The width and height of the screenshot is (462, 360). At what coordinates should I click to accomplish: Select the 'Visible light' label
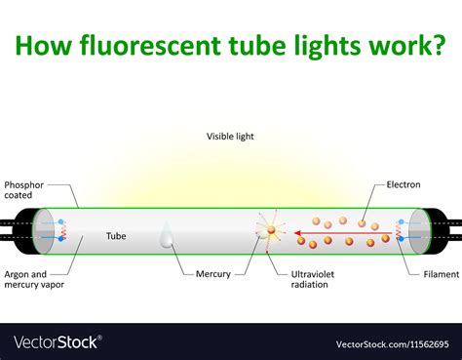pyautogui.click(x=230, y=136)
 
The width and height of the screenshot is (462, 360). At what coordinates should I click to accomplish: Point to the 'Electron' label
pyautogui.click(x=404, y=184)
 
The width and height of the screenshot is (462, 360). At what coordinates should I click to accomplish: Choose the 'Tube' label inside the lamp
pyautogui.click(x=116, y=235)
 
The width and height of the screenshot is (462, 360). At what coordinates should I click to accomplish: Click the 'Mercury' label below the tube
pyautogui.click(x=212, y=274)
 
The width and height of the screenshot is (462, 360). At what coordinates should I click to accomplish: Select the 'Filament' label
pyautogui.click(x=442, y=274)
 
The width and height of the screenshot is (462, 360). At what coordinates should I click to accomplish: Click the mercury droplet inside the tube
pyautogui.click(x=167, y=237)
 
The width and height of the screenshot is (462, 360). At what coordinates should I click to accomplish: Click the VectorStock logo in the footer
pyautogui.click(x=56, y=342)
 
